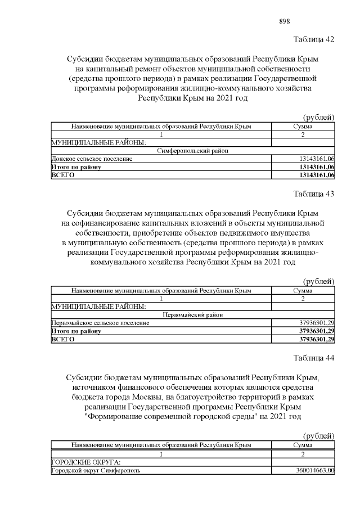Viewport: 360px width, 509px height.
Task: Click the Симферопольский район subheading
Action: click(x=192, y=151)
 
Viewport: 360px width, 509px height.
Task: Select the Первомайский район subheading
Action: click(x=192, y=315)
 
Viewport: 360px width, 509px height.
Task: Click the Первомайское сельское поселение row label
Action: click(x=100, y=323)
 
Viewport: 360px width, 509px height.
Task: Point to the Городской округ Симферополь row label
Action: click(x=96, y=470)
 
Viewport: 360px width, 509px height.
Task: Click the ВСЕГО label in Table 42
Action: click(x=63, y=175)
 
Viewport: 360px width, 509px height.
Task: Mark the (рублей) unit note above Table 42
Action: click(x=319, y=117)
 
